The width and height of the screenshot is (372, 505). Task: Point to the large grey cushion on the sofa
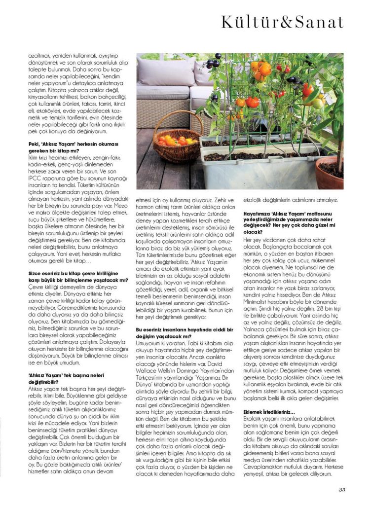click(165, 73)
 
